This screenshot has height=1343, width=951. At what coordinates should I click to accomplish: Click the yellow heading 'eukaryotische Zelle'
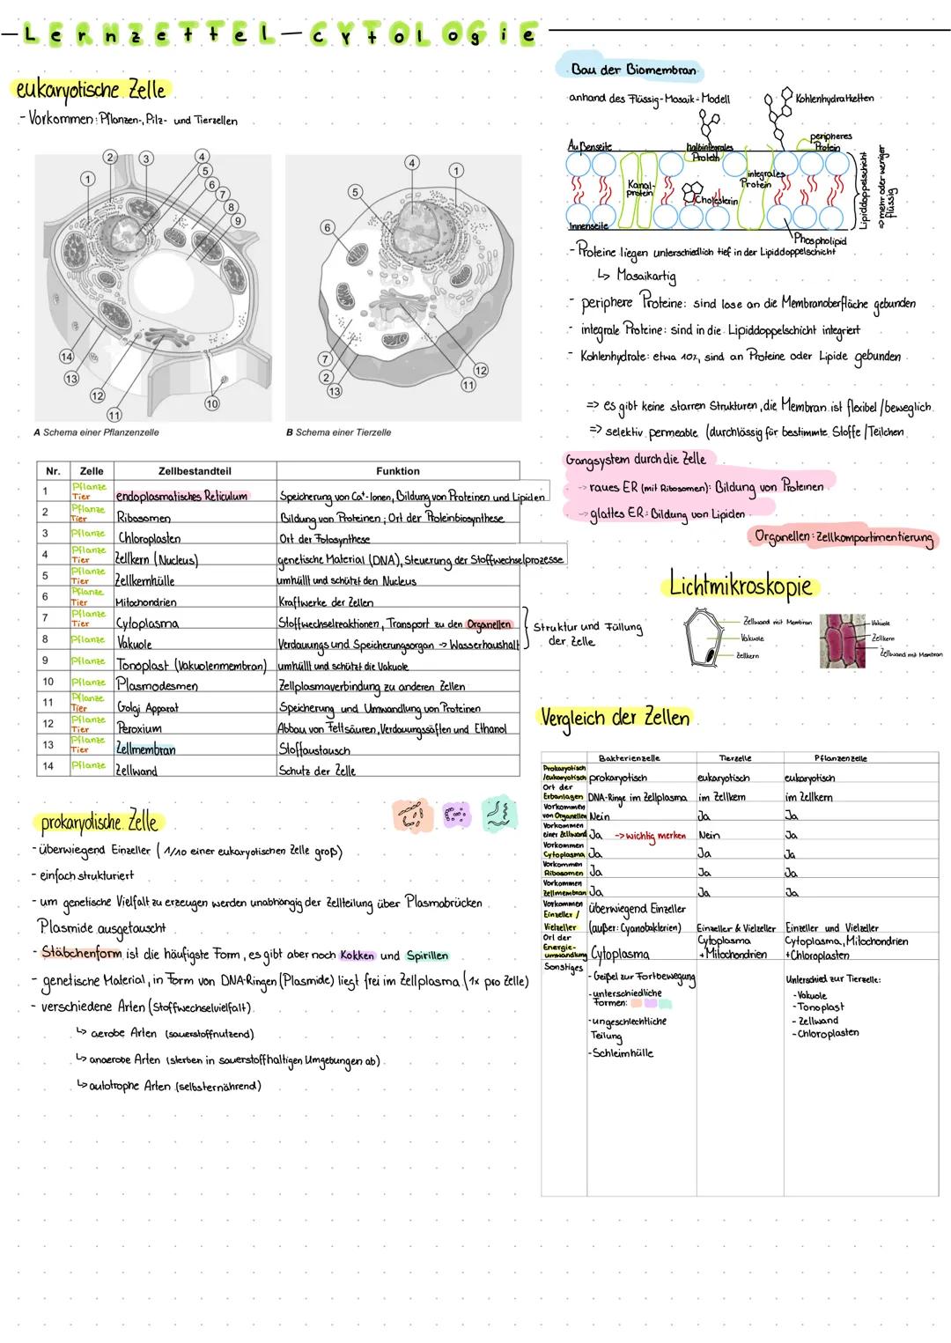[91, 90]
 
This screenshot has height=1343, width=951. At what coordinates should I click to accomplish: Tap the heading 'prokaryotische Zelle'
[99, 823]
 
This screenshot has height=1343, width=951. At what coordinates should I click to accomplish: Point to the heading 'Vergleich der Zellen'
[616, 718]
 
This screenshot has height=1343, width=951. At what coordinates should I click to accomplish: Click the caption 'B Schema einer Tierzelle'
[339, 432]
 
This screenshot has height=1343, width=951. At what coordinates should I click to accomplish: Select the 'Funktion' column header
[397, 471]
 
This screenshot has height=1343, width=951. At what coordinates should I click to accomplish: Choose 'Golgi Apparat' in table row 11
[147, 707]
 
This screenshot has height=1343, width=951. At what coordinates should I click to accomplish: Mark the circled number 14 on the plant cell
[65, 357]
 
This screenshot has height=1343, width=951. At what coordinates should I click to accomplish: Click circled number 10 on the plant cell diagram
[211, 403]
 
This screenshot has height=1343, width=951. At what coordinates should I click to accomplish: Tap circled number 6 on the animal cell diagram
[327, 227]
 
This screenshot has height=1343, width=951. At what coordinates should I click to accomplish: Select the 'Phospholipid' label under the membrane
[819, 240]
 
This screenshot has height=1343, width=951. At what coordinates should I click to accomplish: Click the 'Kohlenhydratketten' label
[834, 99]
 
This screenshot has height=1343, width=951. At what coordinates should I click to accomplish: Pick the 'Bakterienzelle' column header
[629, 757]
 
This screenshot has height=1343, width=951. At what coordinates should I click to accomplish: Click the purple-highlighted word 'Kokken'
[357, 956]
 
